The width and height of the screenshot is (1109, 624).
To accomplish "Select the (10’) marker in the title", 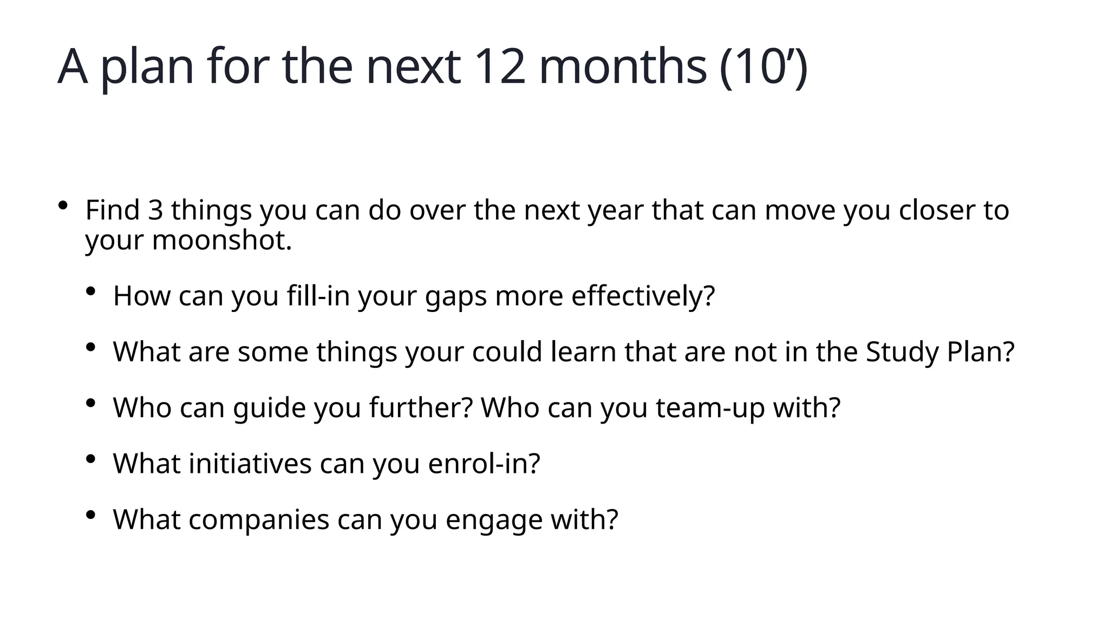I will coord(764,67).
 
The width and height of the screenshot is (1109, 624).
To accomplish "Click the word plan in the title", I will coord(147,68).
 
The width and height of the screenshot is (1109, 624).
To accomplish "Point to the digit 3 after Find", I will coord(155,210).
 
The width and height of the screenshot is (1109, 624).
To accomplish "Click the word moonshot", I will coord(222,240).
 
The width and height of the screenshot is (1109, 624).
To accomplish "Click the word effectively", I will coord(643,296).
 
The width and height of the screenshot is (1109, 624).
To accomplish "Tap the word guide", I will coord(270,408).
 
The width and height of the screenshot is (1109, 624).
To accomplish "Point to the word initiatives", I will coord(250,464).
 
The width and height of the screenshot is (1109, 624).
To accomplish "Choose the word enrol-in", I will coord(484,464).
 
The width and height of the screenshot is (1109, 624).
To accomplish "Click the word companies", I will coord(259,520).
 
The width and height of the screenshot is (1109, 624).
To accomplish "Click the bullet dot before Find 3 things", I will coord(63,205).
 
